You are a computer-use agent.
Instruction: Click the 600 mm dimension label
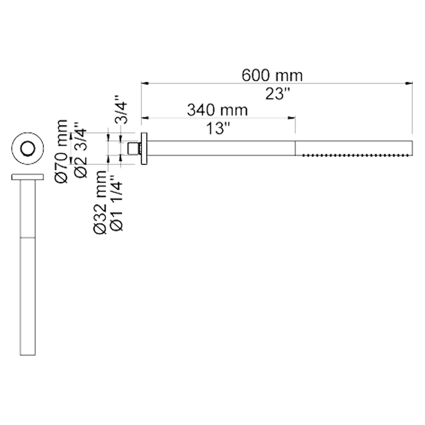tap(272, 75)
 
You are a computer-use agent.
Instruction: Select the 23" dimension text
tap(278, 94)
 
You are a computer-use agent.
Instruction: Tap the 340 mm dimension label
tap(217, 110)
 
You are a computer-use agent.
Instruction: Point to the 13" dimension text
tap(218, 129)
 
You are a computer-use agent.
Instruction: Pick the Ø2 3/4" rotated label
tap(80, 150)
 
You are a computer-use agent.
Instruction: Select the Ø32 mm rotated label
tap(100, 202)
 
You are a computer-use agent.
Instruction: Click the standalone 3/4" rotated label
tap(121, 109)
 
